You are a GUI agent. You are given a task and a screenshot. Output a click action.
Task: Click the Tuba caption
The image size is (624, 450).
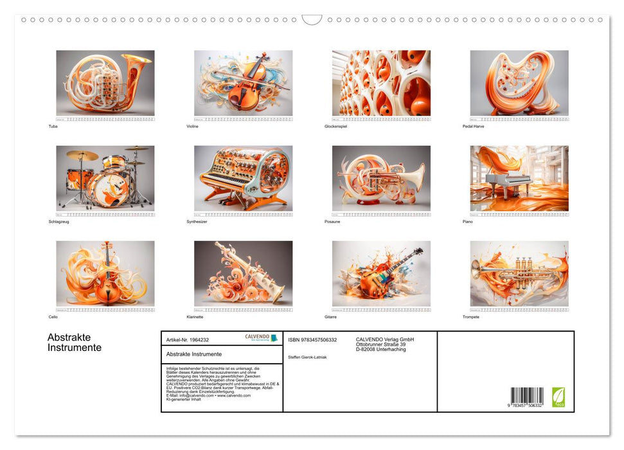point(53,127)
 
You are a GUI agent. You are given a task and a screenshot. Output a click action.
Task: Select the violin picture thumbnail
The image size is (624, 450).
point(243,83)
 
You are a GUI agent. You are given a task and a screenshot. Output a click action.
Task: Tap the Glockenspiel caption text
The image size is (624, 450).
point(337,127)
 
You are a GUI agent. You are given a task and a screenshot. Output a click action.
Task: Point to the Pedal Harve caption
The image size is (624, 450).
point(474,127)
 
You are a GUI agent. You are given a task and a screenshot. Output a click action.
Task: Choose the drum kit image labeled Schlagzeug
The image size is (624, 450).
point(105,178)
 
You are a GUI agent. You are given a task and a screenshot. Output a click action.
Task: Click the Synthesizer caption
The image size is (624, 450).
point(197,222)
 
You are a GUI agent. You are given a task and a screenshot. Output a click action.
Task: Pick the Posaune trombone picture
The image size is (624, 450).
point(381,178)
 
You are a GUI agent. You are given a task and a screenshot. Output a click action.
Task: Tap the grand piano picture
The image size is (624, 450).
point(519,178)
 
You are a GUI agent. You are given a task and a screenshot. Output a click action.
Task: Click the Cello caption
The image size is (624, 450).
point(53,317)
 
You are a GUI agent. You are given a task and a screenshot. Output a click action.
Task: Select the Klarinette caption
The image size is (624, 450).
point(195,317)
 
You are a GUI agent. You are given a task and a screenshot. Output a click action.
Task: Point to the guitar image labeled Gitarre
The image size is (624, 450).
point(381,273)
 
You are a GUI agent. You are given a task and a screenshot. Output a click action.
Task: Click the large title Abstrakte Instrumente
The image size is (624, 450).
point(75,343)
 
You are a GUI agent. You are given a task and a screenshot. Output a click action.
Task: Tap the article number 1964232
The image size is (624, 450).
point(188,339)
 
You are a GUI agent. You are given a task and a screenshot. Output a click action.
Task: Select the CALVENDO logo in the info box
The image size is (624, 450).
point(261,337)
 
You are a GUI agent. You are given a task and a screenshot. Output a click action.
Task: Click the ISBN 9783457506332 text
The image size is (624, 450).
point(313,339)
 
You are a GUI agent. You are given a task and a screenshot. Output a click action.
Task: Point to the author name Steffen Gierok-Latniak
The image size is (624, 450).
point(307,357)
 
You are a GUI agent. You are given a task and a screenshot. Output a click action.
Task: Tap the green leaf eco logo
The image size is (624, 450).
point(559,397)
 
